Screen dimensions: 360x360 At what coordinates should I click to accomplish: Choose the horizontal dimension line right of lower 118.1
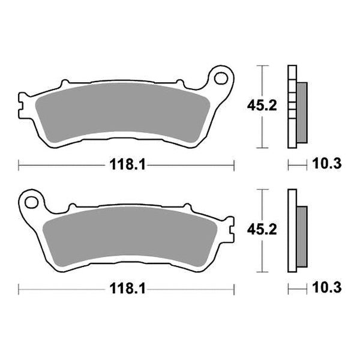[192, 289]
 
